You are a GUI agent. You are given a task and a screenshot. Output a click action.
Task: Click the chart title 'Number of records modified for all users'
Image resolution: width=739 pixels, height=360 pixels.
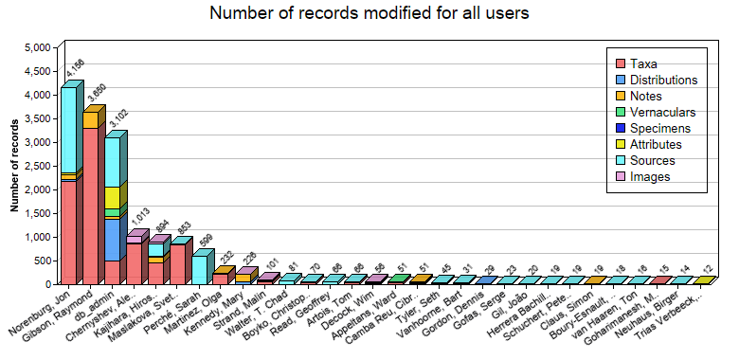click(369, 13)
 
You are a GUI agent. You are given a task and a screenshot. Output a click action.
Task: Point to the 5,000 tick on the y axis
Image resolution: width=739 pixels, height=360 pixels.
click(36, 47)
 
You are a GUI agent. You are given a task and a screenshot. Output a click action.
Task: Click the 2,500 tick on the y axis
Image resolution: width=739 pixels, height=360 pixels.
click(36, 166)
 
